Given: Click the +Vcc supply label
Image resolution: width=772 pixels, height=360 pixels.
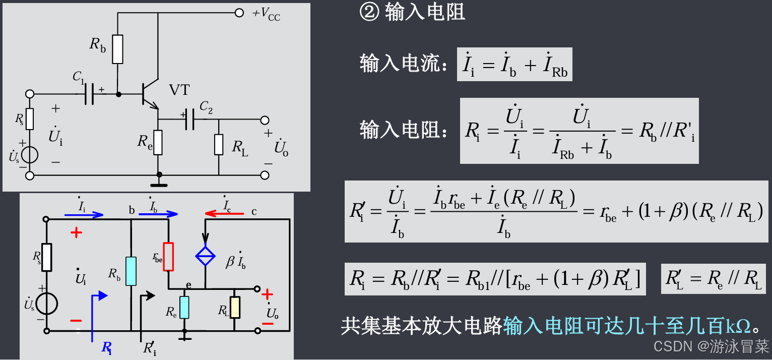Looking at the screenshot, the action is [266, 14].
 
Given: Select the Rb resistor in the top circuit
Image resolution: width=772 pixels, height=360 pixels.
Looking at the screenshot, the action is [117, 49].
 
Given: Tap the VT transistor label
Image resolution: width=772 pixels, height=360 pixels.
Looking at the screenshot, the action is [179, 90].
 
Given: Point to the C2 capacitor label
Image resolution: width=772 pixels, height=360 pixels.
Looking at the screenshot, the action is [206, 106].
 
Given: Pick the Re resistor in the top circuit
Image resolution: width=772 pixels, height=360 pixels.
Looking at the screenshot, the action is [158, 142].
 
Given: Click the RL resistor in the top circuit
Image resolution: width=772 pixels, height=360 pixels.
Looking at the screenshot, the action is [219, 145].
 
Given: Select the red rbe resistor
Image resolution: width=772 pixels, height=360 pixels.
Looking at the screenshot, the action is [169, 257].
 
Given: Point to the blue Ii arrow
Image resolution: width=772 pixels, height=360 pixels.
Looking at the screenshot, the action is [84, 214].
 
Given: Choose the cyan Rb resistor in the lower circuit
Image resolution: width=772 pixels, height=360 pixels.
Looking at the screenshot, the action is [131, 271].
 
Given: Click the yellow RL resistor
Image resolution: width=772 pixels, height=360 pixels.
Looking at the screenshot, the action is [235, 307].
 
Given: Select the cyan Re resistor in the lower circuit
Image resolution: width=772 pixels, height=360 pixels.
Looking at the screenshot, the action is [184, 307].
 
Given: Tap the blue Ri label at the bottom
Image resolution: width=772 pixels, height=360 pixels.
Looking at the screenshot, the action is [107, 347].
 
